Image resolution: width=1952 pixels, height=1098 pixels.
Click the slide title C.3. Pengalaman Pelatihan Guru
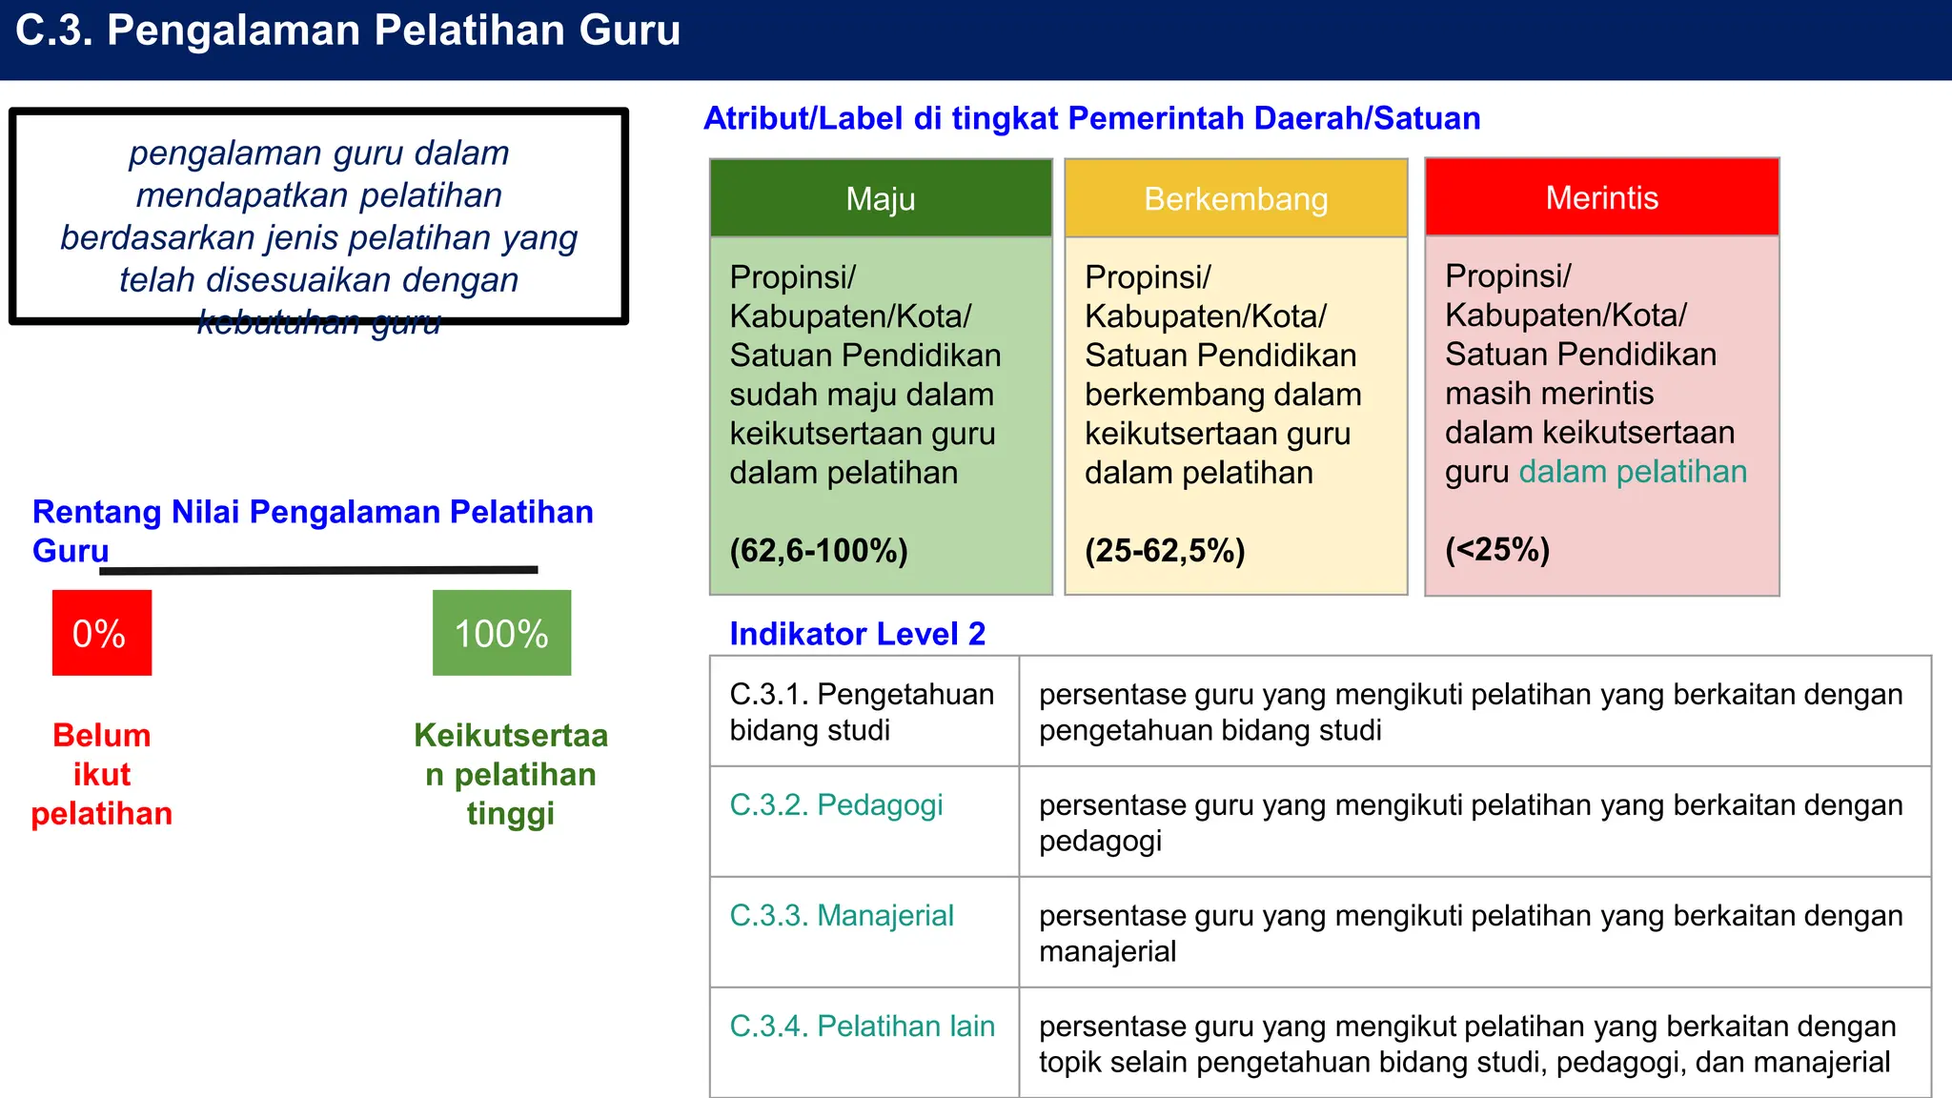click(x=348, y=30)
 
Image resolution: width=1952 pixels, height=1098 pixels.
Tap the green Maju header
click(x=881, y=198)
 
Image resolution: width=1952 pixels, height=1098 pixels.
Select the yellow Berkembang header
click(x=1235, y=198)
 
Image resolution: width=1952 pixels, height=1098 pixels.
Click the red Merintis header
click(x=1601, y=197)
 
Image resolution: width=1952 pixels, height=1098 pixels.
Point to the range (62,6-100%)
click(x=819, y=551)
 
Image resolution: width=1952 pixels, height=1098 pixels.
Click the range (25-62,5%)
click(x=1165, y=551)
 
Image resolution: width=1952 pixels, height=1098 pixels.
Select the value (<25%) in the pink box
click(x=1497, y=550)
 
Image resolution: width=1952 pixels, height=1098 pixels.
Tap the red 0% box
click(x=101, y=633)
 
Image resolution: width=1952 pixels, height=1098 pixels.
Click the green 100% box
click(x=501, y=633)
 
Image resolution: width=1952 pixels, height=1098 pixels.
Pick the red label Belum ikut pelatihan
click(x=102, y=774)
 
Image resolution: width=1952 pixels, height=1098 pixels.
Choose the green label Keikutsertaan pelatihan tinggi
click(x=511, y=774)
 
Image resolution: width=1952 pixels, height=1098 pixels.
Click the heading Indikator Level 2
click(x=857, y=634)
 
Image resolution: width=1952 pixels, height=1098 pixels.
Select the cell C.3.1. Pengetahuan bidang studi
click(x=862, y=712)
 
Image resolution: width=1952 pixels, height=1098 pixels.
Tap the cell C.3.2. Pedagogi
click(x=836, y=805)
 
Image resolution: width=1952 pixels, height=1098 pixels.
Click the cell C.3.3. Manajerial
click(x=842, y=916)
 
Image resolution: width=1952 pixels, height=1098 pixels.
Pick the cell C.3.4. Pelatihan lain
click(x=862, y=1027)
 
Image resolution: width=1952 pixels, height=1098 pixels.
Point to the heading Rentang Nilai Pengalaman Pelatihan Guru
click(x=313, y=530)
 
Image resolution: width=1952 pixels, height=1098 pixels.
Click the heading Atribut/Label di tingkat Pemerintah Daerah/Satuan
click(x=1091, y=118)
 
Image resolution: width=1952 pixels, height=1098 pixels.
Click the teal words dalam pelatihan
click(x=1633, y=472)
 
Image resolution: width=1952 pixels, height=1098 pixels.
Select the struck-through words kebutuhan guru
click(x=318, y=322)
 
